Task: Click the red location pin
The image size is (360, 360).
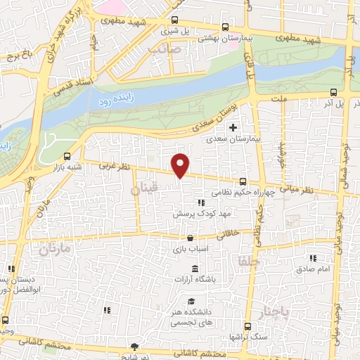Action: pos(181,165)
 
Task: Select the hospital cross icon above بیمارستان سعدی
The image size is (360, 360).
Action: pos(233,127)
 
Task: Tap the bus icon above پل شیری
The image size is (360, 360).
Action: pos(174,20)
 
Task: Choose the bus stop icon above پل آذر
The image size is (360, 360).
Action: pos(334,91)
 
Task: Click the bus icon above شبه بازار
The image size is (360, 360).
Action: pos(67,156)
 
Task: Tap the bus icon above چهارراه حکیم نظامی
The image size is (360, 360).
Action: pos(243,180)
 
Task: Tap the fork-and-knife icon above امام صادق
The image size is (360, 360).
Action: pos(312,257)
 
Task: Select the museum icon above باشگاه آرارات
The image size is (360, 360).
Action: pos(195,271)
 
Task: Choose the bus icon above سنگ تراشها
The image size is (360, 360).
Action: pos(248,326)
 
